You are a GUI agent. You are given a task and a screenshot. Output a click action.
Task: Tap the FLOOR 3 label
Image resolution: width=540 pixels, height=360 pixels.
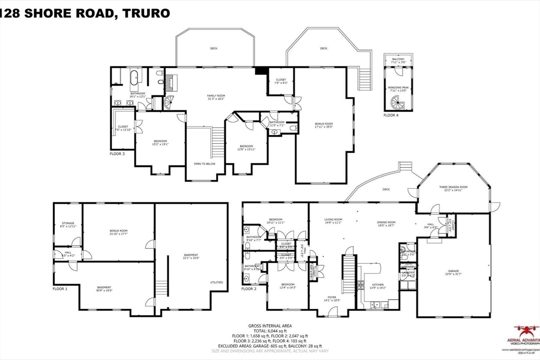tap(117, 153)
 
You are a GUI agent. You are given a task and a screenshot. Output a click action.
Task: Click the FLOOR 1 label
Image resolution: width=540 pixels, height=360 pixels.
tap(60, 289)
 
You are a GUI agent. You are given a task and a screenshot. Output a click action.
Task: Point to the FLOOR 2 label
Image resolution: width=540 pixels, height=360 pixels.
tap(249, 289)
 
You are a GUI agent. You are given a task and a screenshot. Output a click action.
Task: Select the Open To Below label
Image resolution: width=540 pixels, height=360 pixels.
tap(205, 164)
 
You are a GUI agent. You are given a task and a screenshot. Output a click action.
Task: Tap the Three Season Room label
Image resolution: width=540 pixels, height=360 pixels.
tap(454, 188)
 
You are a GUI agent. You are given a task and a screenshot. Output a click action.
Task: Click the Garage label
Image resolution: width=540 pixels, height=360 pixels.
tap(454, 271)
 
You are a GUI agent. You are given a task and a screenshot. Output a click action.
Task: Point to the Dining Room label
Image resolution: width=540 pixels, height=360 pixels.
tap(387, 223)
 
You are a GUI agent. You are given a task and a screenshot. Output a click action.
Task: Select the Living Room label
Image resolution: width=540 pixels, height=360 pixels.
tap(333, 220)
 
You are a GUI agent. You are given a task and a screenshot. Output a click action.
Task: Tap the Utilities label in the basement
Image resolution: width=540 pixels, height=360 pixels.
tap(216, 283)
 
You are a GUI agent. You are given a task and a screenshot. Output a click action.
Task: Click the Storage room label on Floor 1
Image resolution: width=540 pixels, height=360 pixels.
tap(69, 224)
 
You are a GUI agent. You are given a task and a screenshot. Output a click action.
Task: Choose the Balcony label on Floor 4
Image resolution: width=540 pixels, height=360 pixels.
tap(398, 60)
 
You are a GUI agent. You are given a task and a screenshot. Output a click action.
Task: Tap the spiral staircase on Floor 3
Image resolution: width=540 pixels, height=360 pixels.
tap(169, 102)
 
